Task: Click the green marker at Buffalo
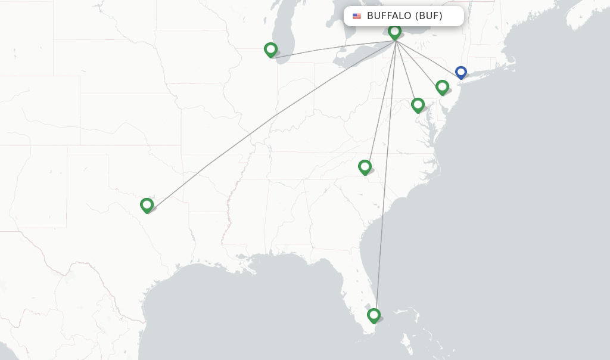click(x=394, y=32)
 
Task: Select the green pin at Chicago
click(x=270, y=49)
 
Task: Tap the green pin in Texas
click(x=147, y=204)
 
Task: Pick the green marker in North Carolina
click(x=365, y=167)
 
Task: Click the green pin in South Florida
click(x=374, y=315)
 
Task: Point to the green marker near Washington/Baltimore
click(x=418, y=105)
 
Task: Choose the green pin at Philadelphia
click(x=442, y=87)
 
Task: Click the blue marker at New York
click(x=460, y=72)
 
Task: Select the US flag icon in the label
click(x=357, y=16)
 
